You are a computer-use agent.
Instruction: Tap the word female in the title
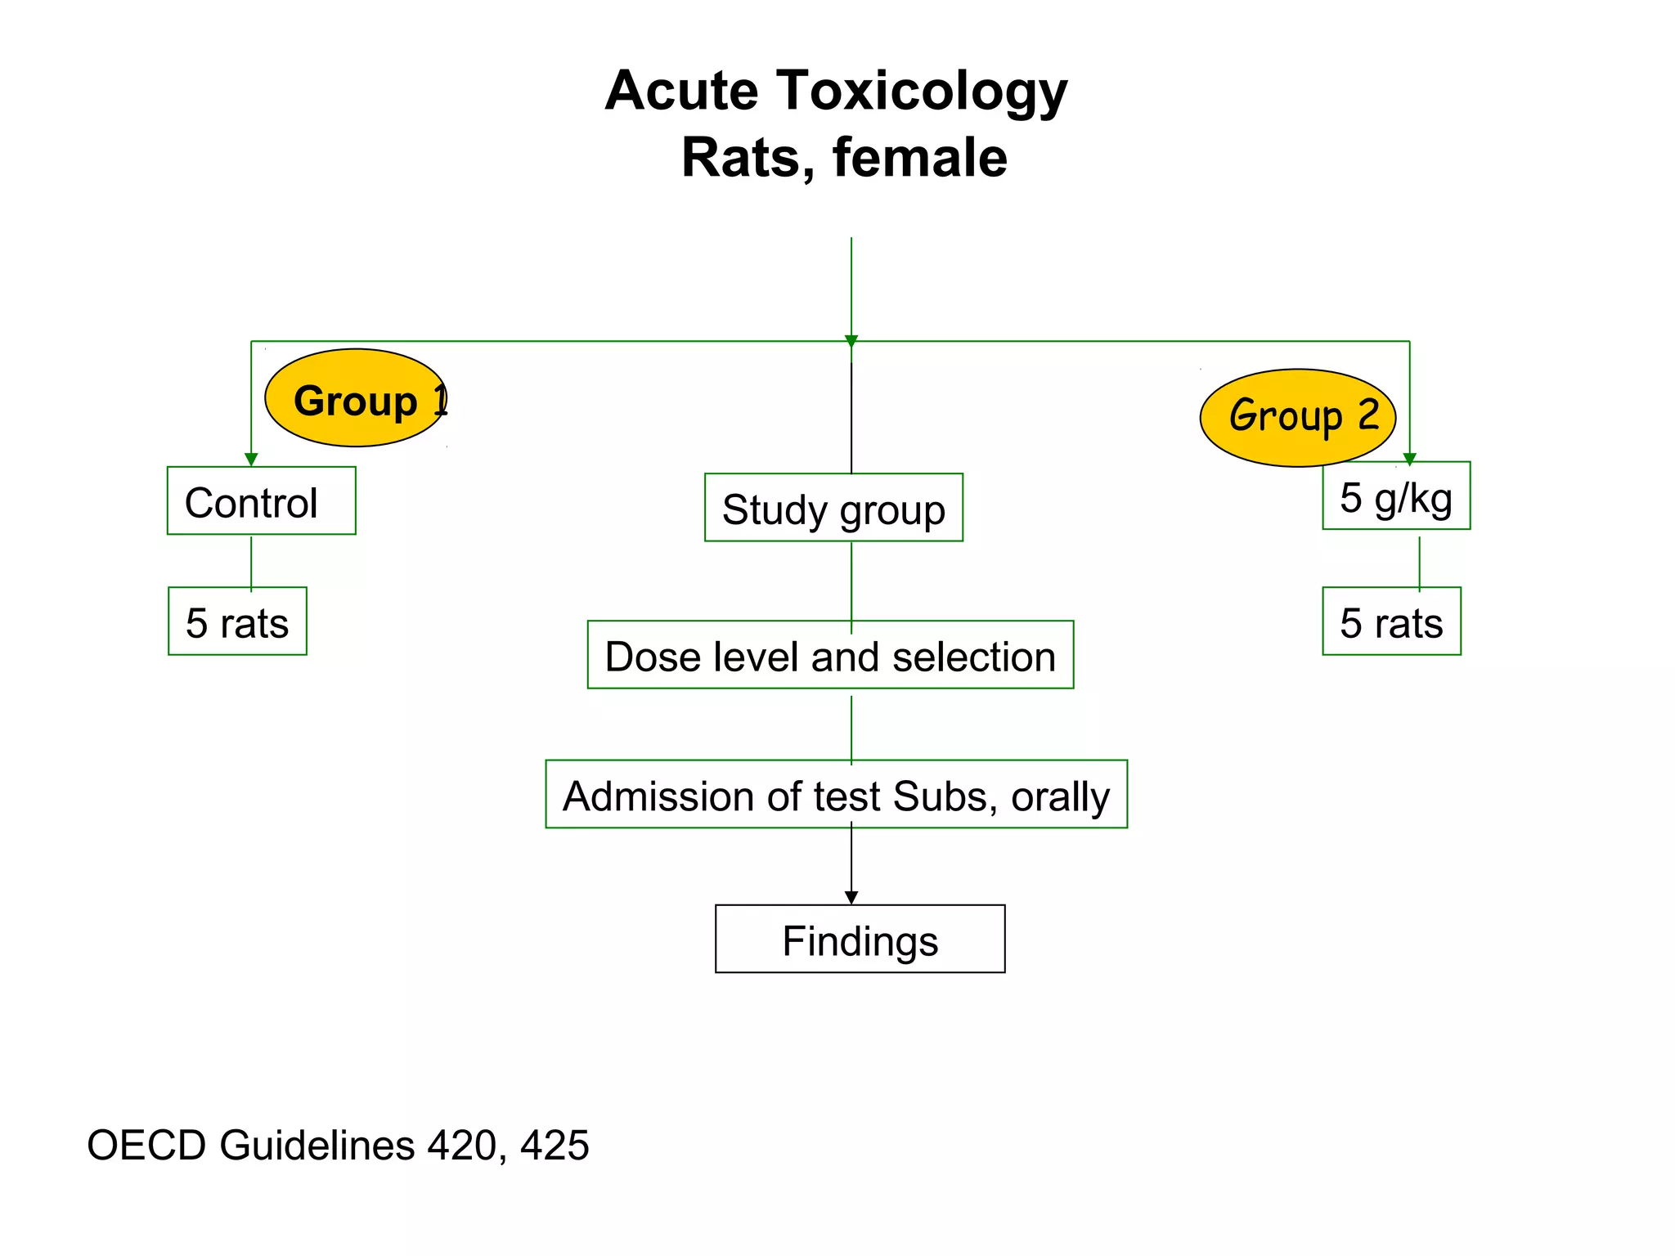click(919, 158)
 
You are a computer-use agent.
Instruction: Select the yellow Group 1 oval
click(357, 398)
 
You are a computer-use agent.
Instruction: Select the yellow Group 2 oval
click(1297, 418)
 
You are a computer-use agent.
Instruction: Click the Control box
click(261, 501)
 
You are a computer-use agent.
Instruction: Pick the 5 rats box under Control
click(237, 621)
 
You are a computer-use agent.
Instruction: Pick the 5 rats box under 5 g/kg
click(1391, 621)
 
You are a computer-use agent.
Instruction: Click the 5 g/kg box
click(1396, 496)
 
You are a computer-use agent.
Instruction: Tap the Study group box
click(833, 508)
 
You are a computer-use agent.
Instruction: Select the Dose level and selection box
click(830, 655)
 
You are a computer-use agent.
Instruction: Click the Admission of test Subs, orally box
click(836, 795)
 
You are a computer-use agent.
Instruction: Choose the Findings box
click(860, 939)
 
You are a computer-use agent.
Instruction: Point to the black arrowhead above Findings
click(851, 897)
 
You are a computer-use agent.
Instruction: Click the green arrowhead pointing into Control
click(251, 460)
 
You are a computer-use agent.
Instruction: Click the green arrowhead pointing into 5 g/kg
click(1409, 460)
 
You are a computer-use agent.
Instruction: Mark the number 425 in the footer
click(554, 1145)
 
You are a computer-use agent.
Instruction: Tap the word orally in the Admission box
click(1060, 796)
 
